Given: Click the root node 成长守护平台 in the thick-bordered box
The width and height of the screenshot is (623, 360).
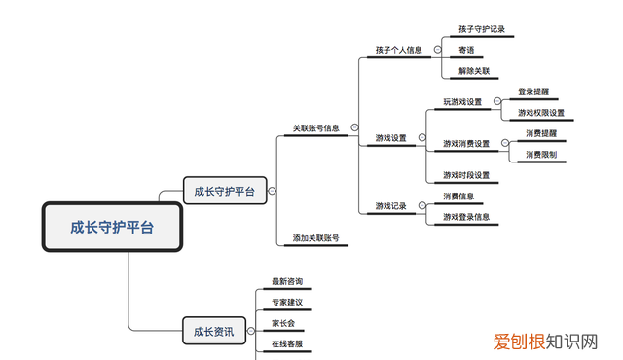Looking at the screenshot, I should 112,228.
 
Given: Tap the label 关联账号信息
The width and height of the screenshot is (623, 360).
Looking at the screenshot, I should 316,127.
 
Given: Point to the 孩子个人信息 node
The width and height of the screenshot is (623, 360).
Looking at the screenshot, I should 399,50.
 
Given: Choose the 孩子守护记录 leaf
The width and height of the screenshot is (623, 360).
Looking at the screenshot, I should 482,30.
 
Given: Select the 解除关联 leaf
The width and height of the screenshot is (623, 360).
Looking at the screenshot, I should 474,71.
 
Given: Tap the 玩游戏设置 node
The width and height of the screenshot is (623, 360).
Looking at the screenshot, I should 462,102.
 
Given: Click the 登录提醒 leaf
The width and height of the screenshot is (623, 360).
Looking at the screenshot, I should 534,91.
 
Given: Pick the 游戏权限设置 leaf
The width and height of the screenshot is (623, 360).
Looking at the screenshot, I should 540,113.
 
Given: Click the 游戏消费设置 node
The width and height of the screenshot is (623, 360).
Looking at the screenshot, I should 466,144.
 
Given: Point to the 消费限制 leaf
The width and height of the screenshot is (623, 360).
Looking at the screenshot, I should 541,154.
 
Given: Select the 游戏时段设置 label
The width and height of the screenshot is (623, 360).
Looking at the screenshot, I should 466,175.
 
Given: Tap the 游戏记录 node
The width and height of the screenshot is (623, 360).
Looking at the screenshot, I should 391,206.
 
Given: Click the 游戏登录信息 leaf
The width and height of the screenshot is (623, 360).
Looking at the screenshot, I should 466,217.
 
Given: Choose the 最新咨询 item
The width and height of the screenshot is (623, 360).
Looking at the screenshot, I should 286,282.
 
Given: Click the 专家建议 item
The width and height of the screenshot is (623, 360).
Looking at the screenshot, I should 286,304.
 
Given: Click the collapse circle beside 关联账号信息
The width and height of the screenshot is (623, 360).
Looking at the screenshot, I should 354,127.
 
